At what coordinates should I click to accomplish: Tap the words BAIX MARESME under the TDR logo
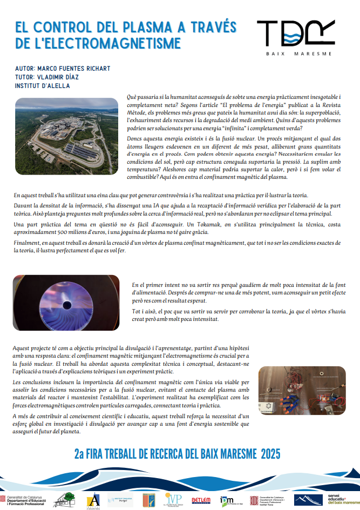298,53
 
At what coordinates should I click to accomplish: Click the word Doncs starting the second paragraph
135,139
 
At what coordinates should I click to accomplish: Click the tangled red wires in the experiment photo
279,393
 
